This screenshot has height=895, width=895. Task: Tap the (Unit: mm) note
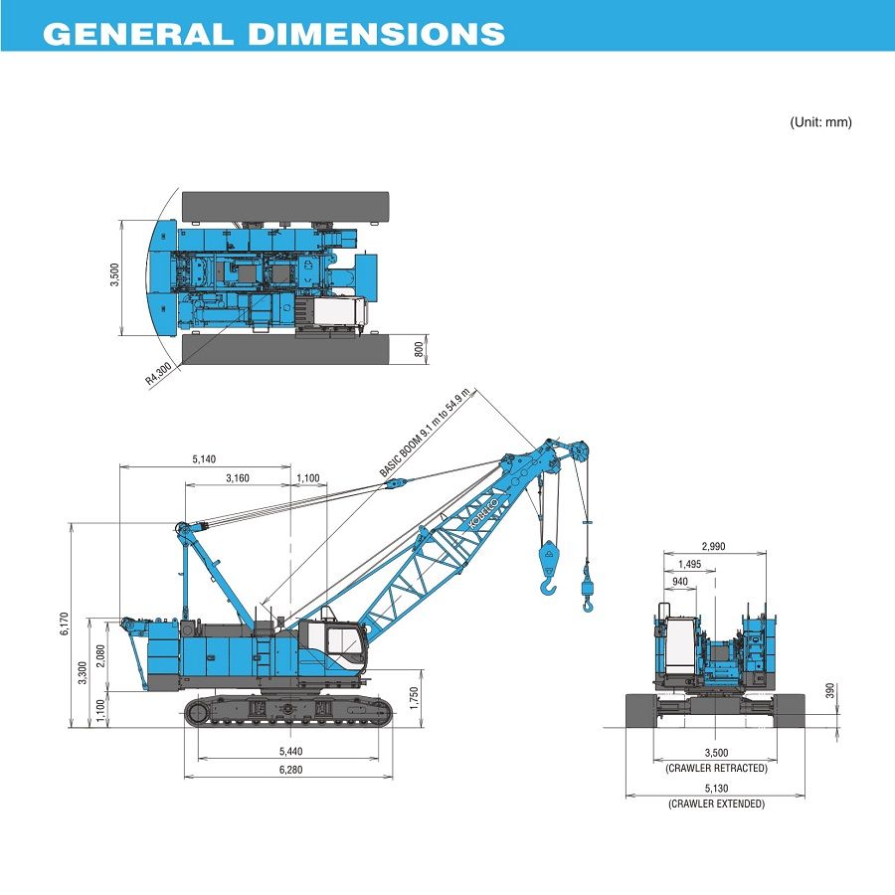820,122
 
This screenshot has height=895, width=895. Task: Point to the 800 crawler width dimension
419,348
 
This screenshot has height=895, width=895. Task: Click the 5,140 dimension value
205,459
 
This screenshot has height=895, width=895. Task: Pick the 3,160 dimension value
237,479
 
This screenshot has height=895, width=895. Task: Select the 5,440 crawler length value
290,751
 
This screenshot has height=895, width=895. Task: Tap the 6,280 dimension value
290,770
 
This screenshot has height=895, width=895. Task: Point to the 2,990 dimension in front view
715,546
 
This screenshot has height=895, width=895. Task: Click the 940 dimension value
680,582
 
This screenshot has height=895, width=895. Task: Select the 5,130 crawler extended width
716,789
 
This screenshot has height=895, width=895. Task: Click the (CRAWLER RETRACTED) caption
716,768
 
